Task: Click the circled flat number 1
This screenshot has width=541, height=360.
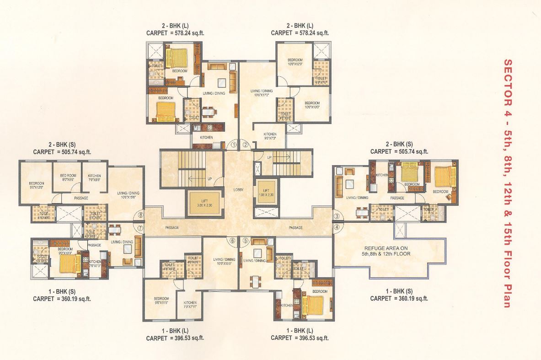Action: (233, 145)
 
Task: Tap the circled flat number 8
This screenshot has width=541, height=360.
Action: (141, 214)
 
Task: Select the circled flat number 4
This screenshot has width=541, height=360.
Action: (337, 226)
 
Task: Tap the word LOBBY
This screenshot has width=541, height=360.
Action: (239, 189)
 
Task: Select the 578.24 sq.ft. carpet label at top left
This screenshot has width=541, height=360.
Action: (175, 33)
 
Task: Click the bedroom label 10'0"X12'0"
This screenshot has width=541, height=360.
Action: (295, 62)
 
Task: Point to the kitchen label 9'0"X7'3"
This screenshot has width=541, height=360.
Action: (270, 136)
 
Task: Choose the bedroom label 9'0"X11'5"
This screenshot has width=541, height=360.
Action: (161, 300)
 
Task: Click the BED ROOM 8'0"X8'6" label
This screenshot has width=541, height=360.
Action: (68, 177)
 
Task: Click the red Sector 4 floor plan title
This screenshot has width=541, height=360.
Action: (506, 183)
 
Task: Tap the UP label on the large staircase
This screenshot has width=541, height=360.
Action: (209, 179)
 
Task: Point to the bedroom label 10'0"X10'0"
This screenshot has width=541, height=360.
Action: (311, 105)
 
